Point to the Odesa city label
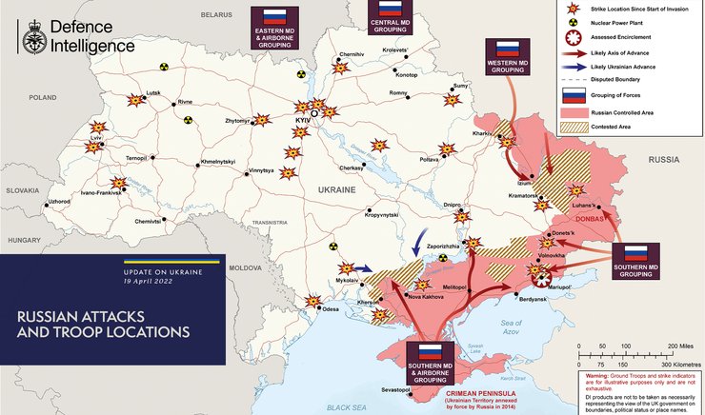[331, 309]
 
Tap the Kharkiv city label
[480, 133]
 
